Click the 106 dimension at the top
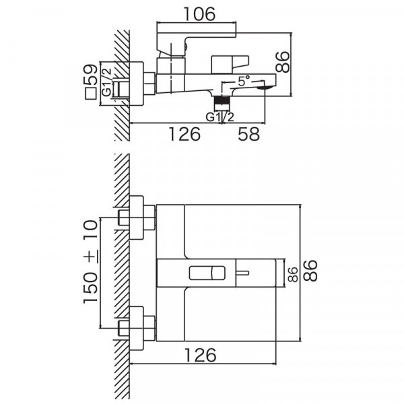tap(199, 14)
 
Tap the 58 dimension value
tap(248, 134)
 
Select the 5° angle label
tap(244, 81)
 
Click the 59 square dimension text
tap(91, 75)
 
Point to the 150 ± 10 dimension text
tap(91, 262)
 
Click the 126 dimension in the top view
tap(184, 134)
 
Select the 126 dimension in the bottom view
tap(200, 355)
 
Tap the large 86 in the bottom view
tap(310, 271)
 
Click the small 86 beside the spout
tap(293, 275)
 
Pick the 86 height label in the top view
tap(282, 62)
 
